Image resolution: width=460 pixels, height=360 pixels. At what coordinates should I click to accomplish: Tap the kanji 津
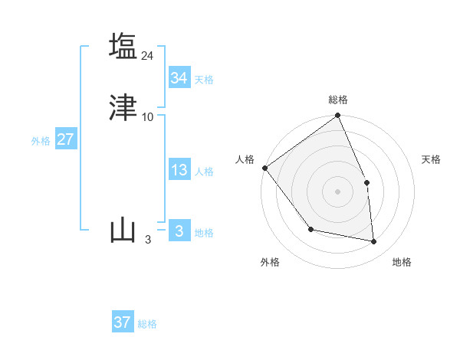(123, 108)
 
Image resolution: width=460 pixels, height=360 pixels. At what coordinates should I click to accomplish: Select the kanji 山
(123, 231)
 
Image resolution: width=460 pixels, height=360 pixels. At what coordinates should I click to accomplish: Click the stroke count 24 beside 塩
(148, 55)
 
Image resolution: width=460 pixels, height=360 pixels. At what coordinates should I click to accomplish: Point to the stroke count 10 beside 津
(148, 117)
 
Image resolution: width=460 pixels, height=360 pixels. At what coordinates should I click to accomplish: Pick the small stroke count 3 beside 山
(148, 240)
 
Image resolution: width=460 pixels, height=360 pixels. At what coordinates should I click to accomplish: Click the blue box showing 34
(179, 77)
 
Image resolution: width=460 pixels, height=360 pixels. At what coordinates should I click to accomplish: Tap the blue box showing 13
(179, 170)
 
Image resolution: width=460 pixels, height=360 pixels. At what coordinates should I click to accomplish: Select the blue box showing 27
(65, 139)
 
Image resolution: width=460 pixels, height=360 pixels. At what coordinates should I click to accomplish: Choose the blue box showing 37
(123, 322)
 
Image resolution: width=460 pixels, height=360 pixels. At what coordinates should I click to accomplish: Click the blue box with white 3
(179, 231)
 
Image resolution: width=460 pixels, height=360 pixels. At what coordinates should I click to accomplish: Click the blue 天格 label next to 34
(204, 80)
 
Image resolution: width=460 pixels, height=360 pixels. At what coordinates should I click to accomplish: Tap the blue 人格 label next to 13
(204, 172)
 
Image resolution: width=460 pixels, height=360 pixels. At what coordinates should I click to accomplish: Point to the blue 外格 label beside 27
(41, 141)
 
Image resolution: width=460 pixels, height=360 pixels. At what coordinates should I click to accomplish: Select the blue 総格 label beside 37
(147, 325)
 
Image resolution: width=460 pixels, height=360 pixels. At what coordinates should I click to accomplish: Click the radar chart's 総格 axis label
(338, 100)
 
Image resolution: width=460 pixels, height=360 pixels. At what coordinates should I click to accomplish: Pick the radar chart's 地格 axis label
(402, 263)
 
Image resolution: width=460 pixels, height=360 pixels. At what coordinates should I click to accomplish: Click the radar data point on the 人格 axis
(264, 168)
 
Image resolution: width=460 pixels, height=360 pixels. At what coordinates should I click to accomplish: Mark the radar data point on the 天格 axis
(366, 182)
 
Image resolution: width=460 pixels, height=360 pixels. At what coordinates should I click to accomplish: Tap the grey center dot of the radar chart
(337, 191)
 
